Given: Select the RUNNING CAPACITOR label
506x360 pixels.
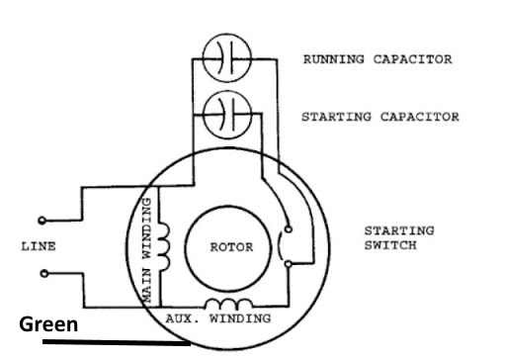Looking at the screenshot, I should point(377,59).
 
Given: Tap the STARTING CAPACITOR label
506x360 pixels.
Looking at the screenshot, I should point(379,117).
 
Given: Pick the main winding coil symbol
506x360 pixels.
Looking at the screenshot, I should point(164,247).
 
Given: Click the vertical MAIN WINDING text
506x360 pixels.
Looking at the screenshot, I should point(145,249).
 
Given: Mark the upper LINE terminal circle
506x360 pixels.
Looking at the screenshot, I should point(41,220).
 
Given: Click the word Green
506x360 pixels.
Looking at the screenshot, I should point(48,324).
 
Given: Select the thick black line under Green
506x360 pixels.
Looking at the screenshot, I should point(115,344).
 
